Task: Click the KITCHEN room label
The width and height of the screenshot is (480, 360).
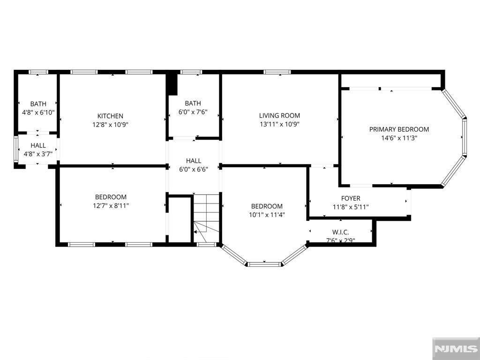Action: pyautogui.click(x=110, y=116)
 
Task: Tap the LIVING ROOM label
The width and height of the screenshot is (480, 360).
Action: pyautogui.click(x=279, y=115)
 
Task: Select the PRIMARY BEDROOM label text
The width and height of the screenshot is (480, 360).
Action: pyautogui.click(x=399, y=129)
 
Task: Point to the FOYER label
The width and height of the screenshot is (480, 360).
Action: pyautogui.click(x=351, y=198)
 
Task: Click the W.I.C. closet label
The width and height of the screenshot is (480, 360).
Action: pyautogui.click(x=340, y=232)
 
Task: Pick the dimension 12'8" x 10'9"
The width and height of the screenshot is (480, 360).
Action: pyautogui.click(x=110, y=125)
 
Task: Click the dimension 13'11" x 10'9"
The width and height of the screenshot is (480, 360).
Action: pyautogui.click(x=279, y=124)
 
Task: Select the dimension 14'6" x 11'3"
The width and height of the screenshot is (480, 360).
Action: pyautogui.click(x=399, y=138)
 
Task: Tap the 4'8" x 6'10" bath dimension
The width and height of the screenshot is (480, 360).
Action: pyautogui.click(x=38, y=112)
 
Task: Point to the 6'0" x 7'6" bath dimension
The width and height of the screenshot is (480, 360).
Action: pyautogui.click(x=193, y=112)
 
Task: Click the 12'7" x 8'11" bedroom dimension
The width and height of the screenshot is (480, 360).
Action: pyautogui.click(x=111, y=206)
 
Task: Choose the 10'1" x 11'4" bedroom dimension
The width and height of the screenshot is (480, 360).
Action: pyautogui.click(x=267, y=215)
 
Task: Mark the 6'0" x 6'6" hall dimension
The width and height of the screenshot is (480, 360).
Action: pyautogui.click(x=194, y=169)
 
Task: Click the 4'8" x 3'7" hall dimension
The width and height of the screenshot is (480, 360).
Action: pyautogui.click(x=38, y=154)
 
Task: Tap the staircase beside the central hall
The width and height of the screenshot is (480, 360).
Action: pyautogui.click(x=206, y=218)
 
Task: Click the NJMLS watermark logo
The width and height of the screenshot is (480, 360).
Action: pyautogui.click(x=456, y=349)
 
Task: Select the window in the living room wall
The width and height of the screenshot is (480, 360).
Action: pyautogui.click(x=277, y=72)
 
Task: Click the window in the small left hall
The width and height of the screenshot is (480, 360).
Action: pyautogui.click(x=16, y=150)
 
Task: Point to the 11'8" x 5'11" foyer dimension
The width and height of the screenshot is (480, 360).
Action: pyautogui.click(x=351, y=207)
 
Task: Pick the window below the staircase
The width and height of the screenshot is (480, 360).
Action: pyautogui.click(x=206, y=245)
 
